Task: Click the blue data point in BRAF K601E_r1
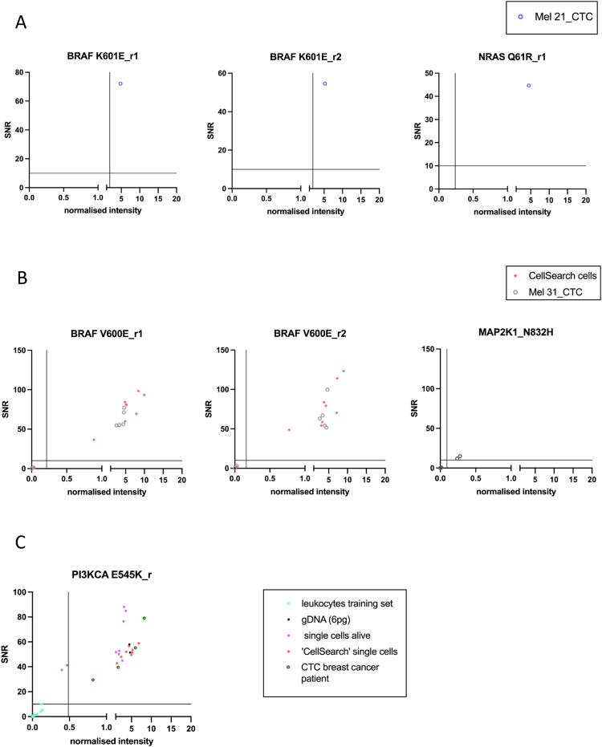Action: (x=120, y=83)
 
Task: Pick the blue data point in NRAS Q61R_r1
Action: (x=529, y=86)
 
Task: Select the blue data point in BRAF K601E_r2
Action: (x=325, y=83)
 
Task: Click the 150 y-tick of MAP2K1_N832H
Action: (x=429, y=349)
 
